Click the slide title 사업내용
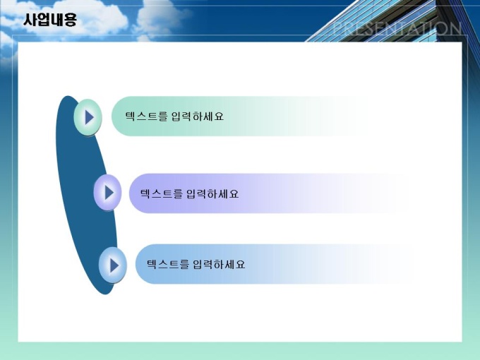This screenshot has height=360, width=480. [50, 20]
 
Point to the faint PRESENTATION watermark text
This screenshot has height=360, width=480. [397, 28]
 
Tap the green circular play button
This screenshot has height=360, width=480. [88, 117]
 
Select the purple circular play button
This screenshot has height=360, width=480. [107, 193]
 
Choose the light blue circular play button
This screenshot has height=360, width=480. [113, 265]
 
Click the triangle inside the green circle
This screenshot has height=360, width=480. [89, 117]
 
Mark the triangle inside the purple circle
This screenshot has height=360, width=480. [109, 193]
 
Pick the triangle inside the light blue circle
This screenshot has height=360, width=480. [114, 265]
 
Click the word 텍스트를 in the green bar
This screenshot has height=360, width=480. [146, 116]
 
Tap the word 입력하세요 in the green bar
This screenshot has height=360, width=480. [198, 116]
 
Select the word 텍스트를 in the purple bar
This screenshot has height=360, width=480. [162, 194]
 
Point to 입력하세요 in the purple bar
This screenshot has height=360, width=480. [212, 194]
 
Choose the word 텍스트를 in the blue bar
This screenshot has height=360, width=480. [168, 264]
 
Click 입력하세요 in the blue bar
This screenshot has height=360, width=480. [220, 264]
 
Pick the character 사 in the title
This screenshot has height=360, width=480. [30, 20]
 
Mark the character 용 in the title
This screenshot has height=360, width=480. [70, 20]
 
